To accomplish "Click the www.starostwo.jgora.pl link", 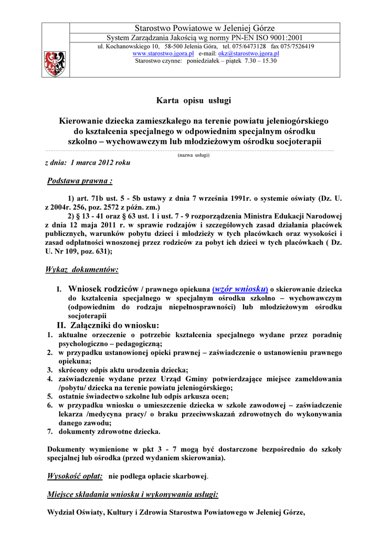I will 163,54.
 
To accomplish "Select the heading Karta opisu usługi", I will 194,100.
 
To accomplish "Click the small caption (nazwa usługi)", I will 193,155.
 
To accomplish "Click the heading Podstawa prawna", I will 79,181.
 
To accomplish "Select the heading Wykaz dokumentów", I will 82,270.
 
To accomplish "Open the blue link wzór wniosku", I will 240,289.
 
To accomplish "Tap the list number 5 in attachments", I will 50,396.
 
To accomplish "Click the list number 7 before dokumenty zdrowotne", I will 50,432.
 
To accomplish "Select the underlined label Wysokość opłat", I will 75,476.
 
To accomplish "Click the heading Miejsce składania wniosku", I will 133,494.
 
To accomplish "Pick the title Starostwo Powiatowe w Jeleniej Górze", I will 205,28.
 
